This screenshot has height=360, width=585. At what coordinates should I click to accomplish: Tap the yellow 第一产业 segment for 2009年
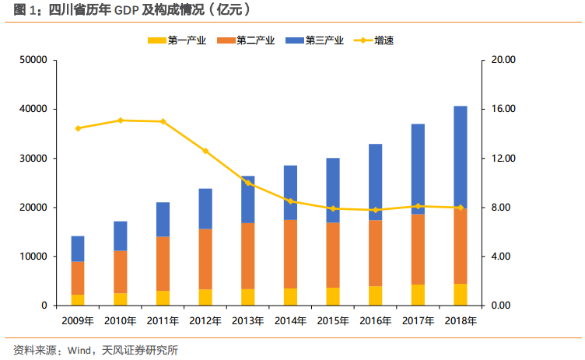point(78,300)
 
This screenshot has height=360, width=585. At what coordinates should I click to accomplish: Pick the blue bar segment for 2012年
point(205,208)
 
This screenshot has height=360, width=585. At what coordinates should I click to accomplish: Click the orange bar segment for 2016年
point(375,253)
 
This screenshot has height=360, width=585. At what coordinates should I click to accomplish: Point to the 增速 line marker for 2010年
point(121,121)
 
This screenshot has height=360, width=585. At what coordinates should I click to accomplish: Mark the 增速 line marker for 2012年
point(205,151)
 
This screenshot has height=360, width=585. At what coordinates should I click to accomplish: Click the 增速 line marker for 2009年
point(78,128)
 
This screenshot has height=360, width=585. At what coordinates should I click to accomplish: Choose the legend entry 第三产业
point(317,40)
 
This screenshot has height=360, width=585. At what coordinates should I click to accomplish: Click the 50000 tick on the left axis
point(34,60)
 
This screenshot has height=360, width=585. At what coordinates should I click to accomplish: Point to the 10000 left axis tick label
point(34,257)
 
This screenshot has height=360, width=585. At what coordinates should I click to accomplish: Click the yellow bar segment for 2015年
point(333,297)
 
